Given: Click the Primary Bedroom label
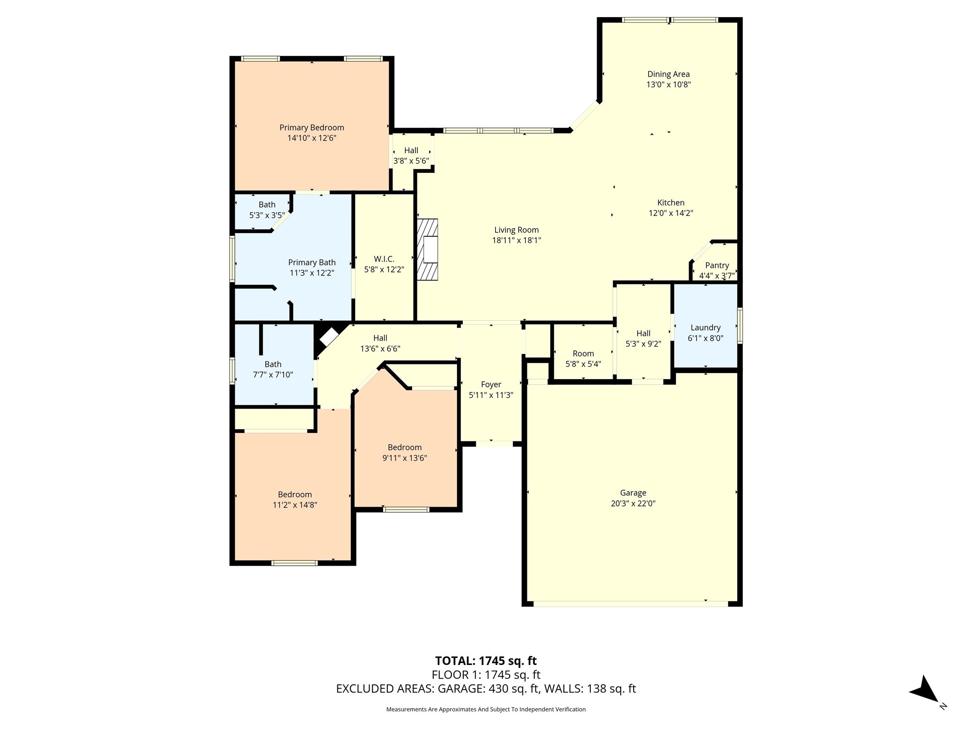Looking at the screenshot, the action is (x=311, y=128).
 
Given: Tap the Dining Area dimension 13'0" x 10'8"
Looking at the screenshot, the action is (x=668, y=84).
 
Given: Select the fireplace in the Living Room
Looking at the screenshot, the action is (x=428, y=250).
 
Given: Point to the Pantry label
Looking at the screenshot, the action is (x=717, y=265).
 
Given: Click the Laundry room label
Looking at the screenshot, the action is (x=705, y=327).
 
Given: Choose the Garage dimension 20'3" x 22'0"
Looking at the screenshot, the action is (x=633, y=504).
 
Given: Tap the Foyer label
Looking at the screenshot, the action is (x=491, y=384).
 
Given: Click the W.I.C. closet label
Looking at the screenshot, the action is (x=384, y=259).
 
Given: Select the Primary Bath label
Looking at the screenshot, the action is (x=312, y=262).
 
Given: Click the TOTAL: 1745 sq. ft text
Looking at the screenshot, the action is (x=486, y=661).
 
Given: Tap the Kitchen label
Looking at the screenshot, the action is (x=671, y=203).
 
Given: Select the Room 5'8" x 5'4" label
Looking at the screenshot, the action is (x=583, y=359).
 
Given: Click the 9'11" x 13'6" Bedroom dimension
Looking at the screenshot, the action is (x=405, y=458).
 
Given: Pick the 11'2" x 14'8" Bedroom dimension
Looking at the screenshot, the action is (x=295, y=505).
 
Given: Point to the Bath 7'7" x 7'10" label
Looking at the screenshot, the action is (x=273, y=369).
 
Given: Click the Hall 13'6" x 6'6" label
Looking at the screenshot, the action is (x=380, y=343).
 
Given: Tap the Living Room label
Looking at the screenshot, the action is (x=516, y=230).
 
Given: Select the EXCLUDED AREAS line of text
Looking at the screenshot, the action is (x=486, y=689).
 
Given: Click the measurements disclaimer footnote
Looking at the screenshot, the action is (x=486, y=709).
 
